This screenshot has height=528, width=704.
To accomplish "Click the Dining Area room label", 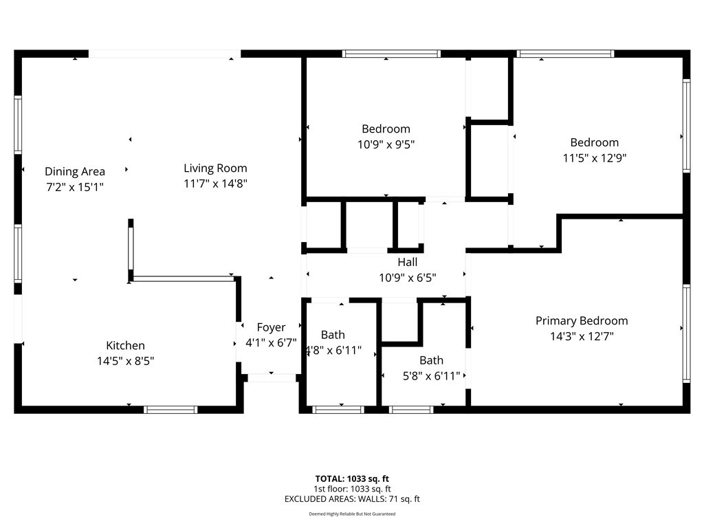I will (x=75, y=171).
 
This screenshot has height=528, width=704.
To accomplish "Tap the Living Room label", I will (x=215, y=168).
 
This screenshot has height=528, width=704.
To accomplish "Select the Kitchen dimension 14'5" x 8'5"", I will (x=125, y=360).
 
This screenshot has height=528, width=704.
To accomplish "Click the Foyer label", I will (x=271, y=327).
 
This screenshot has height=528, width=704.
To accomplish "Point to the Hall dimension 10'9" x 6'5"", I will (x=407, y=278).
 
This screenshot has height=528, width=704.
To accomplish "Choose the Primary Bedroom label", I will (x=581, y=320).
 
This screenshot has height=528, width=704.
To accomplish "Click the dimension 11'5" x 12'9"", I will (x=594, y=157).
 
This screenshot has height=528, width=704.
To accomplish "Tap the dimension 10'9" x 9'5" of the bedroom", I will (x=386, y=144).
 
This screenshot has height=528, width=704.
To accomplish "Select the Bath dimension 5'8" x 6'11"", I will (x=431, y=375).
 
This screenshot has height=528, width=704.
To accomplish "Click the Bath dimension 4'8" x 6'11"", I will (x=333, y=350).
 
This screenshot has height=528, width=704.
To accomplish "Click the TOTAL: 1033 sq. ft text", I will (x=352, y=478).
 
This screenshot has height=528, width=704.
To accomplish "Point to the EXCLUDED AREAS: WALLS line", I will (x=352, y=499).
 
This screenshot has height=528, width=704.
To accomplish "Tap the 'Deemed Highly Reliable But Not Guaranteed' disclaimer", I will (x=352, y=514).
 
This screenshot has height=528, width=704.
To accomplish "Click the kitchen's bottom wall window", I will (x=170, y=410).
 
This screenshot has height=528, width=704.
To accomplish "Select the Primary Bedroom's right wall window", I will (x=686, y=333).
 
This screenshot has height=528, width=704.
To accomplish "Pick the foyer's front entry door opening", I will (x=272, y=377).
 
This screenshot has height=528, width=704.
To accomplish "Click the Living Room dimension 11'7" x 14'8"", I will (x=215, y=184).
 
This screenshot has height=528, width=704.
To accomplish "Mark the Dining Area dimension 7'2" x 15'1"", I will (x=75, y=186).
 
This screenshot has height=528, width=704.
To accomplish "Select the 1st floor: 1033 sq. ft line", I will (x=352, y=489).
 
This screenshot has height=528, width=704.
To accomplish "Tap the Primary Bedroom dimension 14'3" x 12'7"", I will (x=581, y=336).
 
